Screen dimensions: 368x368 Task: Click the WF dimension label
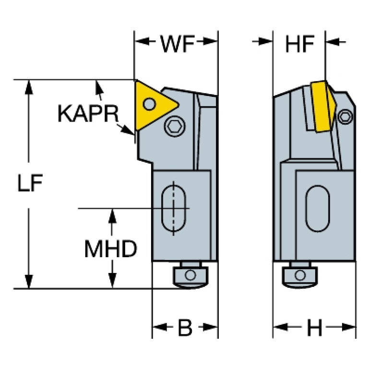click(177, 44)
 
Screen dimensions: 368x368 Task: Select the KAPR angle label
click(87, 113)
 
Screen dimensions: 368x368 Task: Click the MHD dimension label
click(111, 249)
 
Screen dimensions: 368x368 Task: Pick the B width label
click(185, 329)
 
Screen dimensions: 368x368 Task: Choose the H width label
click(314, 329)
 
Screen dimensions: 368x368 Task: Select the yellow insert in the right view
click(321, 107)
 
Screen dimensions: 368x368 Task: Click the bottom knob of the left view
click(190, 275)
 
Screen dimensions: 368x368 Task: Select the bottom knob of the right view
click(300, 275)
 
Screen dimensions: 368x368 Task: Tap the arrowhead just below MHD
click(112, 282)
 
